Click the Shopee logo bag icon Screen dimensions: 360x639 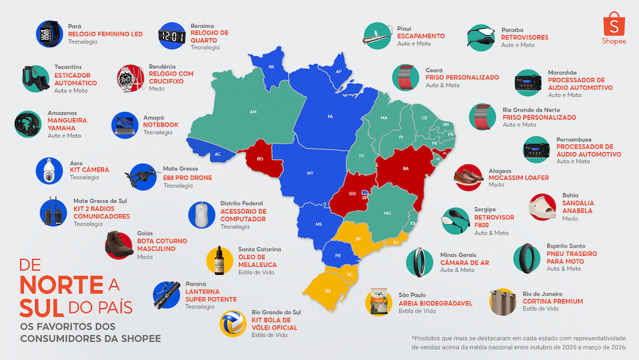pyautogui.click(x=613, y=24)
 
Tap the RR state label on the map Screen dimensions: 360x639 pyautogui.click(x=271, y=67)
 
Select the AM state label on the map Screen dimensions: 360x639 pyautogui.click(x=253, y=112)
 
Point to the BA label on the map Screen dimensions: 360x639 pyautogui.click(x=405, y=169)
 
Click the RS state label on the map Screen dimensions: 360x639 pyautogui.click(x=328, y=290)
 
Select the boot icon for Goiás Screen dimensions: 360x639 pyautogui.click(x=119, y=244)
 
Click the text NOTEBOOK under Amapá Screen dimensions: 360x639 pyautogui.click(x=161, y=125)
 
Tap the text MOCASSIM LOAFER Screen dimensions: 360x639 pyautogui.click(x=518, y=177)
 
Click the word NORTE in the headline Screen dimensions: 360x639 pyautogui.click(x=61, y=284)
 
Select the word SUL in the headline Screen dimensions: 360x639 pyautogui.click(x=42, y=308)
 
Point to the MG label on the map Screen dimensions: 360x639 pyautogui.click(x=387, y=213)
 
